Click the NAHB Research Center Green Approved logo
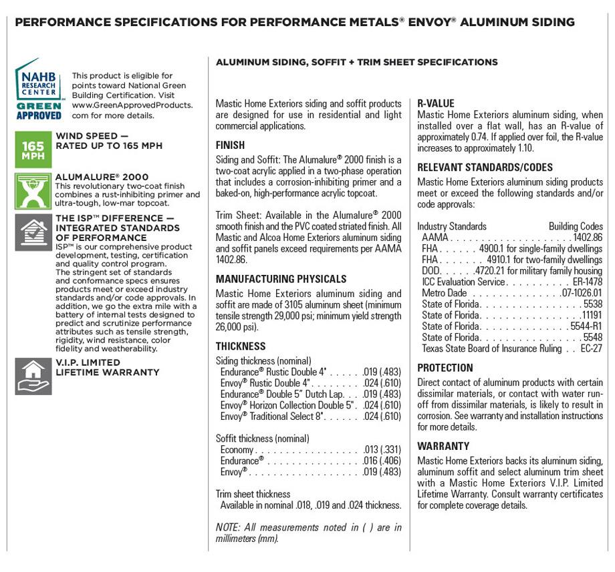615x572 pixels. [39, 89]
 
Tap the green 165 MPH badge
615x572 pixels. [33, 150]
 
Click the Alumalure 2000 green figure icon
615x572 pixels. [33, 192]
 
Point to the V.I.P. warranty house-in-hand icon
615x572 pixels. [33, 376]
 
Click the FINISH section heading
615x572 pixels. [230, 146]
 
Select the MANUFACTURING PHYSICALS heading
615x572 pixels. [281, 279]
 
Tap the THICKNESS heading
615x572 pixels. [241, 346]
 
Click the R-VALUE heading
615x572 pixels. [436, 103]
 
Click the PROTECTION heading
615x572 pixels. [445, 368]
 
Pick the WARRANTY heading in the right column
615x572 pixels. [443, 446]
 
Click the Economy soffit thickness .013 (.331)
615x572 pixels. [382, 450]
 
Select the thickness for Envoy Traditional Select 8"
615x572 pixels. [382, 416]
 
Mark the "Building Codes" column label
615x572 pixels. [576, 226]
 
